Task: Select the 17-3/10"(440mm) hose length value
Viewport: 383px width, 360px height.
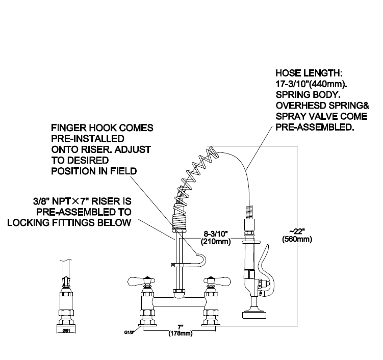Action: coord(309,84)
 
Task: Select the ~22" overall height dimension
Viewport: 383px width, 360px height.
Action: coord(297,230)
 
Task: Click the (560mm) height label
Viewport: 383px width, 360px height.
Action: coord(297,239)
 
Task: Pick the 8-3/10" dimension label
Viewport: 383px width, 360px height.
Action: coord(213,233)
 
